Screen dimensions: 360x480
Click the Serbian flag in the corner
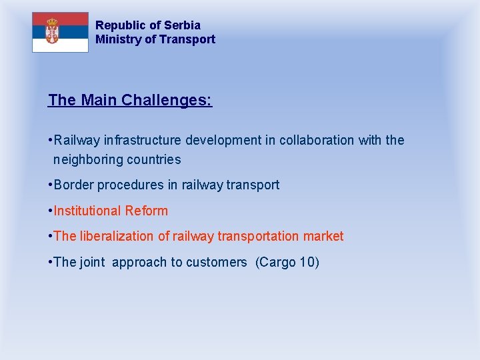coord(60,32)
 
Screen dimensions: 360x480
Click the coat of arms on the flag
coord(52,31)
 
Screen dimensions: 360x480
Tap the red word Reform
coord(148,211)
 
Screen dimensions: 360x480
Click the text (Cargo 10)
coord(287,263)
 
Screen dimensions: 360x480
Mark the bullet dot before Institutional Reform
coord(50,211)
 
